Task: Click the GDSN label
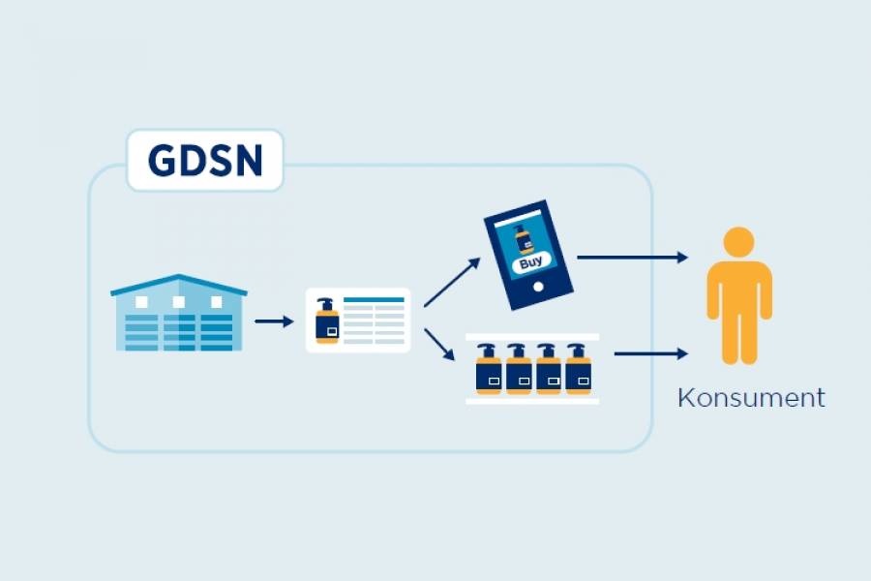coord(205,161)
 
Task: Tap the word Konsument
coord(751,398)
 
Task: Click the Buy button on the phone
coord(531,261)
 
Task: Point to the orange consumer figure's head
coord(738,242)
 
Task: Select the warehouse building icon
coord(179,313)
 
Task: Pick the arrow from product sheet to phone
coord(452,282)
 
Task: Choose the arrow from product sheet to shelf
coord(439,345)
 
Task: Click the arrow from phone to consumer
coord(633,258)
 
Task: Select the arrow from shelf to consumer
coord(651,353)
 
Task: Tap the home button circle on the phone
coord(538,287)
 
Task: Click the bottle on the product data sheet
coord(327,321)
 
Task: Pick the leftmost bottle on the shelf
coord(489,369)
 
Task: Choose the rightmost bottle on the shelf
coord(579,369)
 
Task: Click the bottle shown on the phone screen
coord(524,239)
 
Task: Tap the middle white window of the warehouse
coord(179,302)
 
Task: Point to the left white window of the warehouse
coord(141,302)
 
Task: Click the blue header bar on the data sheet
coord(374,299)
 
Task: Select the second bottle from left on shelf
coord(519,369)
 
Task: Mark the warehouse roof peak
coord(178,275)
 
